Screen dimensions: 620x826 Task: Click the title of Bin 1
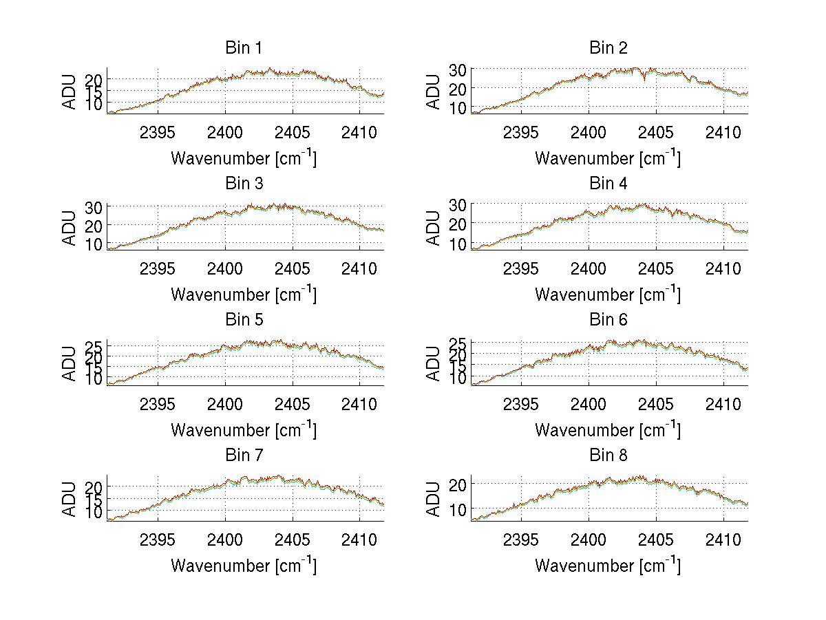click(x=243, y=48)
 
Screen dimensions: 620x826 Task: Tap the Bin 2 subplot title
click(x=608, y=48)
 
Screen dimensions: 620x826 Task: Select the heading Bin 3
click(x=243, y=184)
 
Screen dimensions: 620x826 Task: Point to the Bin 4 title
click(x=608, y=184)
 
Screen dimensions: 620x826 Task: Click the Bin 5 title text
click(x=243, y=320)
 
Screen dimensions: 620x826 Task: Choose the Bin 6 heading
click(x=608, y=320)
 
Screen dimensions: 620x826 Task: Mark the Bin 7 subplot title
click(x=243, y=456)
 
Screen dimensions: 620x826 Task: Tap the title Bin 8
click(x=608, y=456)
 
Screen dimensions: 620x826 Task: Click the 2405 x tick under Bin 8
click(x=656, y=539)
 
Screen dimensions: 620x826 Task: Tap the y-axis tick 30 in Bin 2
click(x=458, y=69)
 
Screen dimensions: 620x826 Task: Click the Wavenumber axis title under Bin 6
click(x=608, y=430)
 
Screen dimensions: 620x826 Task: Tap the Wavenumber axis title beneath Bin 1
click(x=243, y=158)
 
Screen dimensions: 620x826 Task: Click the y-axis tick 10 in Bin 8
click(x=458, y=509)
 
